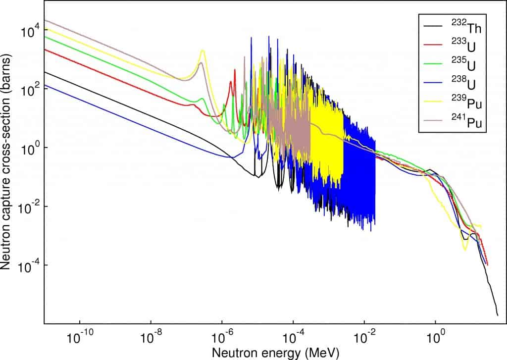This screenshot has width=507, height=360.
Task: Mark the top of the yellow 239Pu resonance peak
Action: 203,51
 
